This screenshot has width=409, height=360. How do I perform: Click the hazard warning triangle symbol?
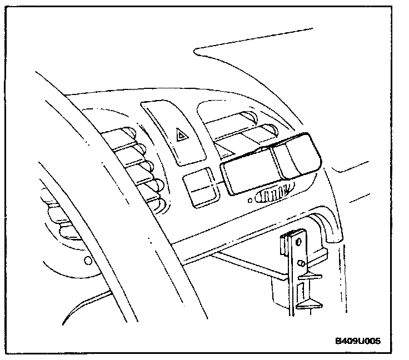(x=181, y=134)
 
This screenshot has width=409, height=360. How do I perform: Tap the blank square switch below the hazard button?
(x=198, y=187)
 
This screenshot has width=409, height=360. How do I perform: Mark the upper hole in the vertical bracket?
(x=300, y=241)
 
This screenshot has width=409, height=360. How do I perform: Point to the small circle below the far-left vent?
(x=87, y=260)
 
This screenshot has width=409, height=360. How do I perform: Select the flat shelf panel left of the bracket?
(x=245, y=267)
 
